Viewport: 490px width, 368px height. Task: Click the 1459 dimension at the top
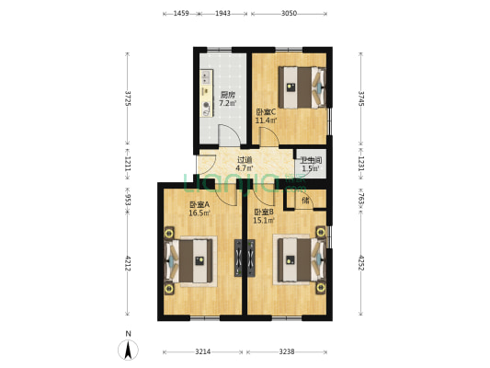(181, 13)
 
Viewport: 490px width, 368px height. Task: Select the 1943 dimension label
(222, 13)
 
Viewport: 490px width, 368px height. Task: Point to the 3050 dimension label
(289, 13)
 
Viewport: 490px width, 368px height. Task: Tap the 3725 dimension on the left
(128, 98)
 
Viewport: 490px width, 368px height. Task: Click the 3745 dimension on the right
(361, 98)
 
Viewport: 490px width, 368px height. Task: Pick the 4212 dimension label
(128, 263)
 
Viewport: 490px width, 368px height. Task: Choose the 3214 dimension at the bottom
(203, 351)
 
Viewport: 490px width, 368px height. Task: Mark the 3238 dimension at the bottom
(287, 351)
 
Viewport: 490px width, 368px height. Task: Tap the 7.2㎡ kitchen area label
(227, 103)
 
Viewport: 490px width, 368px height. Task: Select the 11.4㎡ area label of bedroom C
(266, 121)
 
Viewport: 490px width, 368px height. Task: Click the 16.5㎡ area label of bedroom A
(199, 213)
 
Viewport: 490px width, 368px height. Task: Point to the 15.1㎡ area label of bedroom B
(264, 221)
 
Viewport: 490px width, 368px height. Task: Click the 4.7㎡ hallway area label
(245, 167)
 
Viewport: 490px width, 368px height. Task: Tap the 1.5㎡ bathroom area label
(311, 168)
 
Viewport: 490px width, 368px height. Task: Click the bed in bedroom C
(302, 87)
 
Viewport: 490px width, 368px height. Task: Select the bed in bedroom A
(188, 260)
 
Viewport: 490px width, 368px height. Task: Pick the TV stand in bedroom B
(251, 258)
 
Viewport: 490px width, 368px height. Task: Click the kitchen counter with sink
(206, 93)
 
